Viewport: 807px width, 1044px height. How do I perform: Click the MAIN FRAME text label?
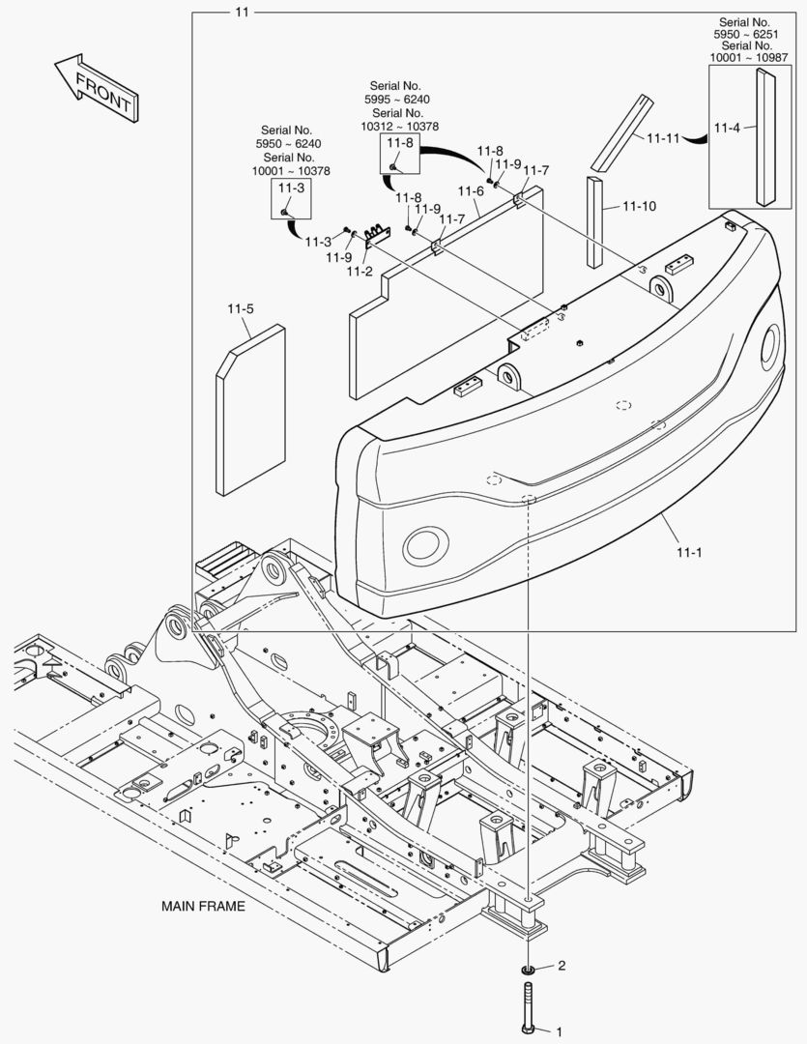[x=203, y=907]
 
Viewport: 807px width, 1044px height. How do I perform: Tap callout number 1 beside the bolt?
[x=559, y=1031]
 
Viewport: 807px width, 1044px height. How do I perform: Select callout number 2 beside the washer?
[x=561, y=966]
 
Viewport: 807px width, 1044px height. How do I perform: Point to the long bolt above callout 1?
[x=528, y=1005]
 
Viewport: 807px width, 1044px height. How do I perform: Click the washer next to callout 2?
[x=529, y=969]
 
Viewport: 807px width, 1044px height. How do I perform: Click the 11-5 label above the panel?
[x=241, y=309]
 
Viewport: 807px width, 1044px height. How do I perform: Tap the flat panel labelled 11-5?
[x=249, y=411]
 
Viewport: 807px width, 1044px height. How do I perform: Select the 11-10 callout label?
[x=639, y=206]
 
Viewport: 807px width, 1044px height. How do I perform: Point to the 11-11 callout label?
[x=663, y=137]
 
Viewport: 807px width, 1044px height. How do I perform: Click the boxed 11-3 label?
[x=291, y=188]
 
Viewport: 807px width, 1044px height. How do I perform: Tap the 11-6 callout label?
[x=471, y=190]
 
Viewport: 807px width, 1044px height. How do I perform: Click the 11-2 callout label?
[x=360, y=271]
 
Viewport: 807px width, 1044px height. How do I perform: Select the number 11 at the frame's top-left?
[x=242, y=12]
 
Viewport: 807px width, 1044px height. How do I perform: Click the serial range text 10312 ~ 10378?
[x=400, y=126]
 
